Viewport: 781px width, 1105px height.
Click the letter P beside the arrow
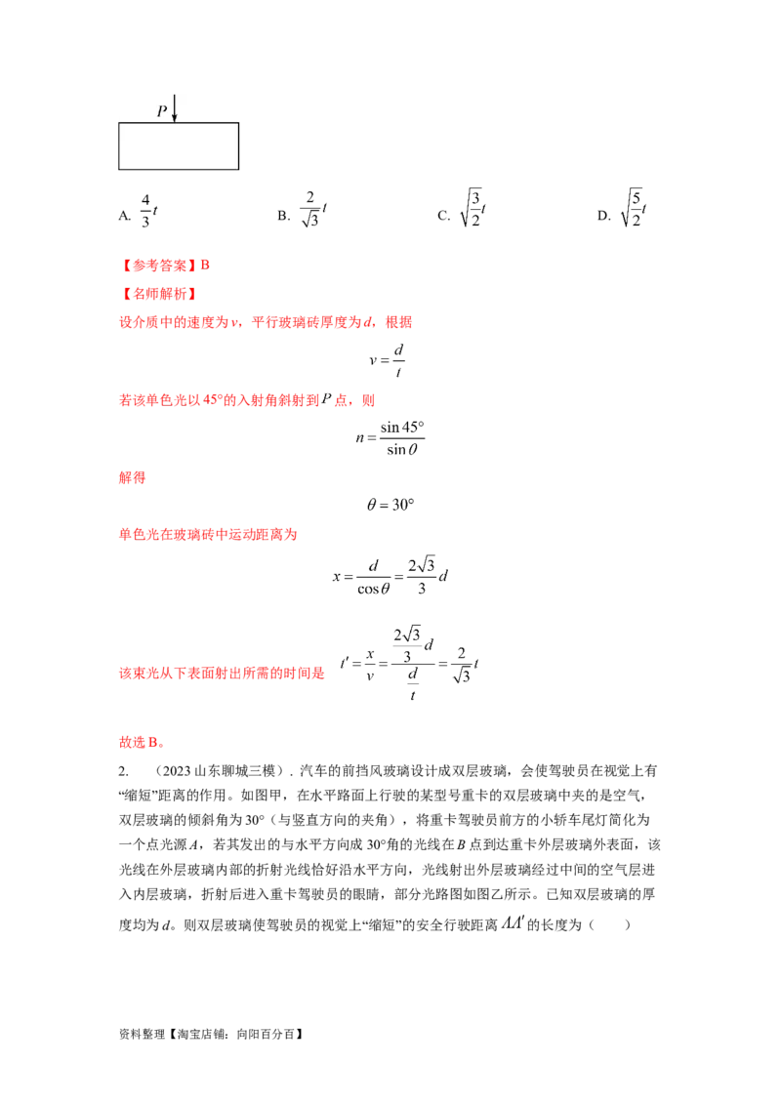click(x=162, y=111)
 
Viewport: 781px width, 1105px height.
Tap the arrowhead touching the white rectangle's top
click(x=175, y=118)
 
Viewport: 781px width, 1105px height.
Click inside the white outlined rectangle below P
click(x=179, y=146)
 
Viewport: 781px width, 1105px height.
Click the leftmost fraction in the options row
click(x=147, y=210)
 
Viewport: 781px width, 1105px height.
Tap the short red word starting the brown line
click(x=132, y=478)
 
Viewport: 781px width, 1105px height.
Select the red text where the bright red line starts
click(x=206, y=534)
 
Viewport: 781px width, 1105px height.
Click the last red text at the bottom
click(x=140, y=743)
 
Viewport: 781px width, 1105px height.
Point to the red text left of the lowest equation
click(x=225, y=673)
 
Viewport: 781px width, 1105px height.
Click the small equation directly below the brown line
click(x=394, y=506)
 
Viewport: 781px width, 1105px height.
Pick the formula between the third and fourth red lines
click(x=389, y=360)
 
